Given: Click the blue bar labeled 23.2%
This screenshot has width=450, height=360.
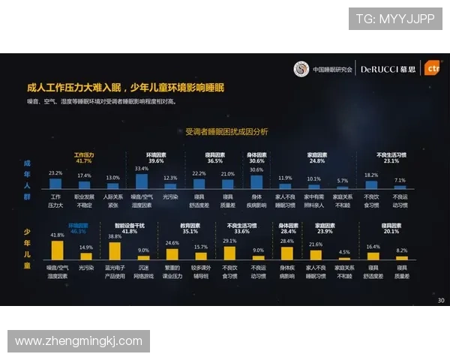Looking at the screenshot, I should (x=55, y=182).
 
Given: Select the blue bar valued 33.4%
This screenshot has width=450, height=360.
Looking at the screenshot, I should (x=142, y=180).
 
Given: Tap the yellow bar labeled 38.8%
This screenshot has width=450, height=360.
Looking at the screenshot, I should (x=115, y=250).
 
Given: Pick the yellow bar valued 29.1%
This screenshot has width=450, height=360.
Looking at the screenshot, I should (x=229, y=253).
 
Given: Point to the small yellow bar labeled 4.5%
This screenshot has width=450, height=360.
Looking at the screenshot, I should (x=344, y=257).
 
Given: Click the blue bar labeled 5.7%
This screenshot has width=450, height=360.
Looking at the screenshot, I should (x=342, y=186).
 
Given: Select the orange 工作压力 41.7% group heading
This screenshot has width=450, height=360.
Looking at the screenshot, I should (x=83, y=157).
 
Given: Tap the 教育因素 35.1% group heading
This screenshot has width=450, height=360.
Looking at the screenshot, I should (x=190, y=228).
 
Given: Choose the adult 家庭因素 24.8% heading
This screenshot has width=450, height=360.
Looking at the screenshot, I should (x=316, y=157).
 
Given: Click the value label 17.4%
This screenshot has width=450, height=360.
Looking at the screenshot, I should (x=84, y=175).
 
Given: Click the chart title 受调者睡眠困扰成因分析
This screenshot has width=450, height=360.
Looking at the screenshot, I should (x=226, y=131).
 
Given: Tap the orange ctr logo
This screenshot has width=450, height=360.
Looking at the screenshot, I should (x=431, y=67).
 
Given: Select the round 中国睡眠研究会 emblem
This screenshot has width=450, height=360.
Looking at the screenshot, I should (x=301, y=68).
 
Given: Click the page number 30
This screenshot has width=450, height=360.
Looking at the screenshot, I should (x=440, y=301).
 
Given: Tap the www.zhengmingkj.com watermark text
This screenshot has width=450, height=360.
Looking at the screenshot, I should (x=78, y=341).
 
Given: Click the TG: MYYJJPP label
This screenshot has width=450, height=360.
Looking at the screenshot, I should (x=394, y=19).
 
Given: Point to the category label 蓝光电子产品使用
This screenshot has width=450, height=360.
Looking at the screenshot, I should (x=115, y=271).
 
